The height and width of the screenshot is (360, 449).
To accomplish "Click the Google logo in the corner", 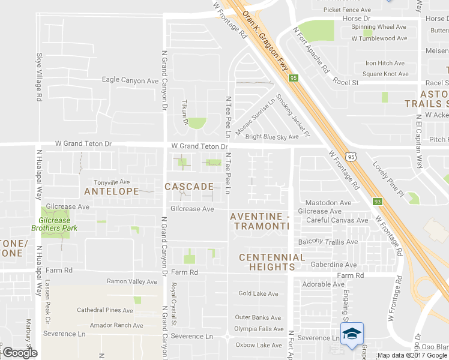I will (x=20, y=352).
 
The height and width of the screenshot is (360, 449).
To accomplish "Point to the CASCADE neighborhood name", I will (x=189, y=187).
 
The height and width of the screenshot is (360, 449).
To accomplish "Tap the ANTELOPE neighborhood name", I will (x=112, y=192).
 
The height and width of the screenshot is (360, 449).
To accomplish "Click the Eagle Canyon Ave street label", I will (x=130, y=80).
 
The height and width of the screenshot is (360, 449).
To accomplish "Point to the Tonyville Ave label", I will (x=112, y=182).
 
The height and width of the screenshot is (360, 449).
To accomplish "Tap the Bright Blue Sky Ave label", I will (x=271, y=137).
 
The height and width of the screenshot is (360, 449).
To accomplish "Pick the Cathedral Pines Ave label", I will (x=104, y=310).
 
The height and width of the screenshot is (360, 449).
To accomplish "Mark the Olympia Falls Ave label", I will (x=259, y=329).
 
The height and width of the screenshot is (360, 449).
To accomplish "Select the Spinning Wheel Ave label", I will (x=379, y=27).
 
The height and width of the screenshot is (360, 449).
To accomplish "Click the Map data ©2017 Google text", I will (x=412, y=355).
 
